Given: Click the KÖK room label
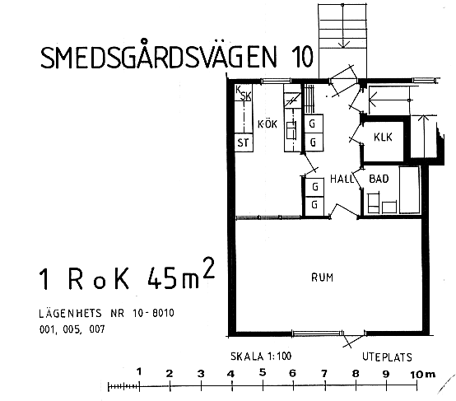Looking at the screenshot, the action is tap(268, 124).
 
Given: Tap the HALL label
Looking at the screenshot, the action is tap(342, 179).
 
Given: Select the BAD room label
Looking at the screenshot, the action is tap(379, 179).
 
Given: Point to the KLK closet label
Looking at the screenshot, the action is tap(383, 137).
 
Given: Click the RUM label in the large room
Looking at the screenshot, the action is tap(322, 277).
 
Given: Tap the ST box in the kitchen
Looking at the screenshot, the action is tap(244, 142).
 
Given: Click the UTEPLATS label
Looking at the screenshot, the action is tap(387, 357).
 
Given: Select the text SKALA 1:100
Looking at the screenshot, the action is tap(261, 357).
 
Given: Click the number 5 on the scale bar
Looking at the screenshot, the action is tap(263, 372).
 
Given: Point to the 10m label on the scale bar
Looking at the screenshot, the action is tap(422, 374).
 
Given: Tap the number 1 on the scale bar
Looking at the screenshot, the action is tap(139, 371).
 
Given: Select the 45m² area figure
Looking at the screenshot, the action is tap(181, 273).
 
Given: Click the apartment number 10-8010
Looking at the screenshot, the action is tap(153, 313).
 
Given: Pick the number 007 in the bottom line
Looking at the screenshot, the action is tap(97, 329).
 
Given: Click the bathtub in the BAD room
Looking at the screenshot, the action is tap(409, 189).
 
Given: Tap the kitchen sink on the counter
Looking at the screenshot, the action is tap(291, 130).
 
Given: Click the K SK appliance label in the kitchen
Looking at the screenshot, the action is tap(243, 92).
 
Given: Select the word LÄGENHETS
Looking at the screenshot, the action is tap(71, 313).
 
